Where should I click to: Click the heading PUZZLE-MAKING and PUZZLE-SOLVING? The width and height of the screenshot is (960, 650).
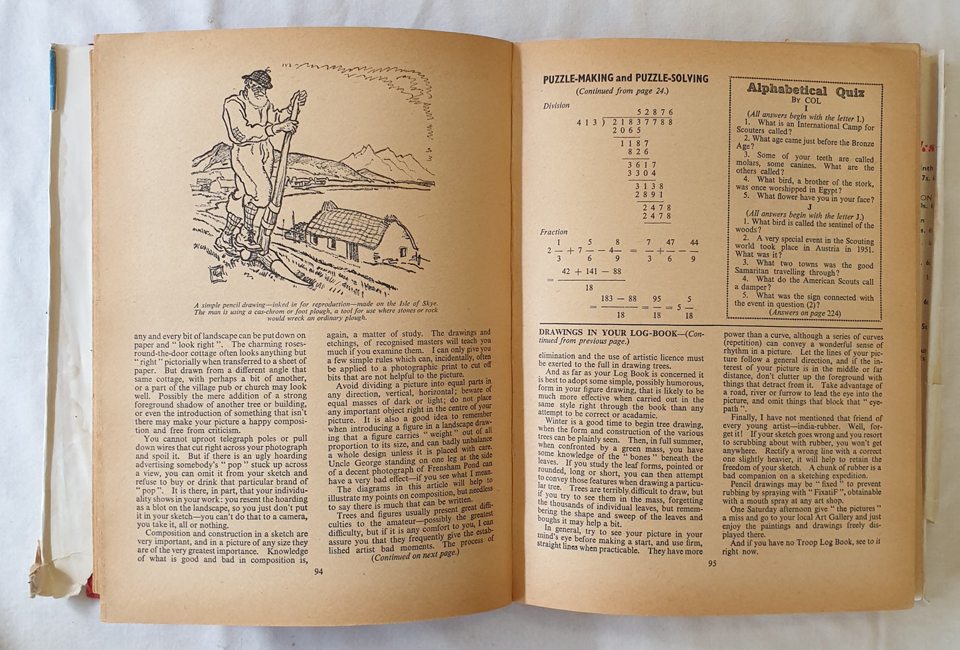[x=625, y=78]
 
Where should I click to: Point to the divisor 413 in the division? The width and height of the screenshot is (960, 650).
[x=585, y=123]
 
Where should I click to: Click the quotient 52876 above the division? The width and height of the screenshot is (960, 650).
[x=655, y=113]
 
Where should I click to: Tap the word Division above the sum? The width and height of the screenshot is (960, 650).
[x=556, y=106]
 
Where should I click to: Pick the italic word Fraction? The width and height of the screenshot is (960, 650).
[x=554, y=232]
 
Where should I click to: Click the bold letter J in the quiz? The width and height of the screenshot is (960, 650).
[x=806, y=206]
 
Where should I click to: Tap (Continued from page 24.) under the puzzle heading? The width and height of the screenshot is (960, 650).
[x=621, y=91]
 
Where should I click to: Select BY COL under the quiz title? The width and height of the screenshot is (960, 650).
[x=805, y=102]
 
